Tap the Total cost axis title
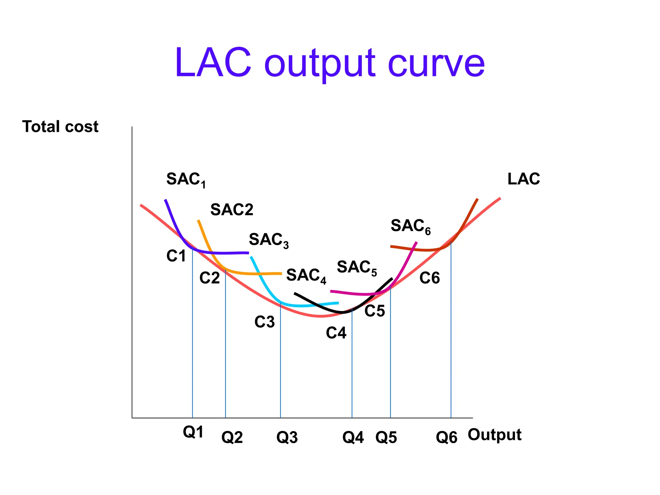pyautogui.click(x=60, y=126)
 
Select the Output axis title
pyautogui.click(x=494, y=435)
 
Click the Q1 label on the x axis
pyautogui.click(x=193, y=432)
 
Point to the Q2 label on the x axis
pyautogui.click(x=232, y=437)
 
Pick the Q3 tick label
pyautogui.click(x=287, y=437)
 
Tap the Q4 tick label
pyautogui.click(x=353, y=437)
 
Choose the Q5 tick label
pyautogui.click(x=386, y=437)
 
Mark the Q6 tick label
pyautogui.click(x=446, y=437)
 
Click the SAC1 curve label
pyautogui.click(x=186, y=180)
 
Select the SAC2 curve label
pyautogui.click(x=232, y=210)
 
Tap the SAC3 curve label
pyautogui.click(x=268, y=240)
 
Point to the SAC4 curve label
pyautogui.click(x=306, y=276)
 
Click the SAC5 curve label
pyautogui.click(x=356, y=267)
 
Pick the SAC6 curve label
pyautogui.click(x=410, y=226)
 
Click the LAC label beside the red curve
pyautogui.click(x=523, y=179)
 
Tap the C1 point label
pyautogui.click(x=176, y=256)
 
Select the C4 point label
pyautogui.click(x=336, y=333)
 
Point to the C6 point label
pyautogui.click(x=429, y=278)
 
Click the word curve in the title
pyautogui.click(x=436, y=63)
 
